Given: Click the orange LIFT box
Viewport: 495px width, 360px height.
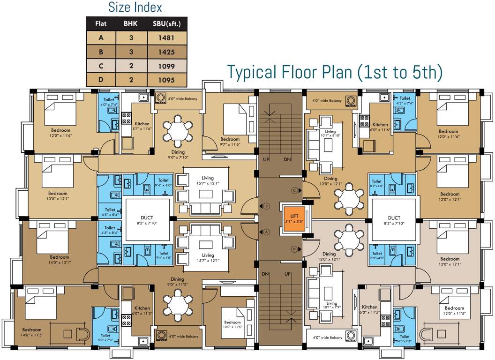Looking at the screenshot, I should (x=293, y=219).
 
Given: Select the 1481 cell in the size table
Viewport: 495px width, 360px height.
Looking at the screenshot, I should (x=166, y=37).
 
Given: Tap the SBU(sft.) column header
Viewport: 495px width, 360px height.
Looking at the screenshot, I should (x=166, y=22).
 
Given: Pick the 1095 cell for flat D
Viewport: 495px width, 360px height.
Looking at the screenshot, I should (x=166, y=80).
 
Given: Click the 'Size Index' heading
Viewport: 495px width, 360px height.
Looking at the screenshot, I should (x=135, y=7).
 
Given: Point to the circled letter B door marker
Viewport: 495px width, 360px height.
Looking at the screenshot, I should (x=266, y=206).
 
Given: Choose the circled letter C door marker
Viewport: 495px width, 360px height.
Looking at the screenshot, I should (x=295, y=190).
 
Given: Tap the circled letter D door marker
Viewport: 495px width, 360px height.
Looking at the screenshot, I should (x=295, y=249).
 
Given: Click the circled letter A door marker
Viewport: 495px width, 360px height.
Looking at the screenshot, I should (x=266, y=232).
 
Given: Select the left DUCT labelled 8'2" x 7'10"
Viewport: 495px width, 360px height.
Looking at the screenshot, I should (x=147, y=220).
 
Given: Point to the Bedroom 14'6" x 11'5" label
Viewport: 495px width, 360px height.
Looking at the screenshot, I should (x=32, y=332).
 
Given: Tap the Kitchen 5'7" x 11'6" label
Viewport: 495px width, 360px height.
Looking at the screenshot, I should (x=142, y=127).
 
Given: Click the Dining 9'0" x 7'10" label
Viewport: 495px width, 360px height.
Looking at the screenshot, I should (x=178, y=155).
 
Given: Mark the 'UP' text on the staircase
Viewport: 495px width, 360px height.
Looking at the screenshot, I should (x=266, y=160).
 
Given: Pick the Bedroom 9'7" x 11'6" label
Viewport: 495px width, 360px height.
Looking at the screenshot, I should (x=230, y=142).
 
